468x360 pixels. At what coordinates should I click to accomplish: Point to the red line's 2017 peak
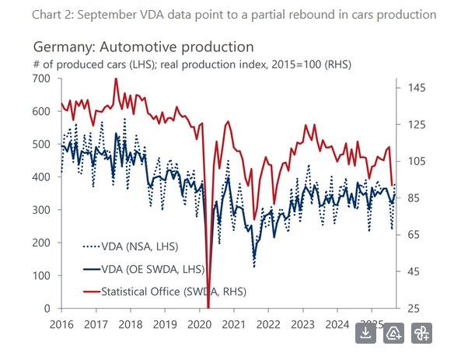(116, 79)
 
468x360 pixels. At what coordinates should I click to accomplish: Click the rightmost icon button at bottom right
(422, 333)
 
